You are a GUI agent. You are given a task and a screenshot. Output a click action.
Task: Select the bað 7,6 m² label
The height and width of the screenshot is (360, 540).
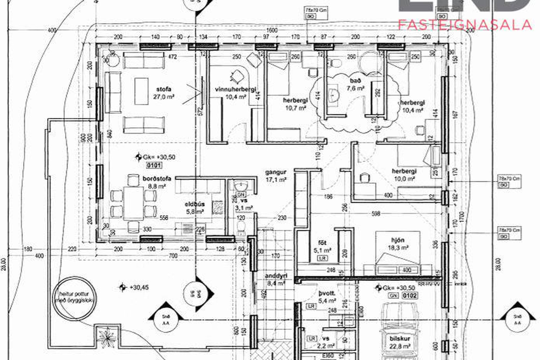tap(355, 84)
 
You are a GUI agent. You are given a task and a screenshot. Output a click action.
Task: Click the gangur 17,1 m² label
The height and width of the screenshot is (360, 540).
tap(276, 176)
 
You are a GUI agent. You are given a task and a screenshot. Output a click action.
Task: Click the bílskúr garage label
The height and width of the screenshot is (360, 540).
tap(400, 342)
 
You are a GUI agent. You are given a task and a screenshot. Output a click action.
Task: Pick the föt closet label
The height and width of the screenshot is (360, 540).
tap(322, 246)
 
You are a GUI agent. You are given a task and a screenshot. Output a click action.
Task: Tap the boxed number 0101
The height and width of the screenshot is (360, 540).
tap(154, 165)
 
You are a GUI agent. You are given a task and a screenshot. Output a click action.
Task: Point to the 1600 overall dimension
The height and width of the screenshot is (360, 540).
tap(272, 30)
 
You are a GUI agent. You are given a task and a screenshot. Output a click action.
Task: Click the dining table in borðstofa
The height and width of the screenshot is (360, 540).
tap(133, 203)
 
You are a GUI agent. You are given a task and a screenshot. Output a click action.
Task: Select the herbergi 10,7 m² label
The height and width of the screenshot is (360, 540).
tap(295, 104)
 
